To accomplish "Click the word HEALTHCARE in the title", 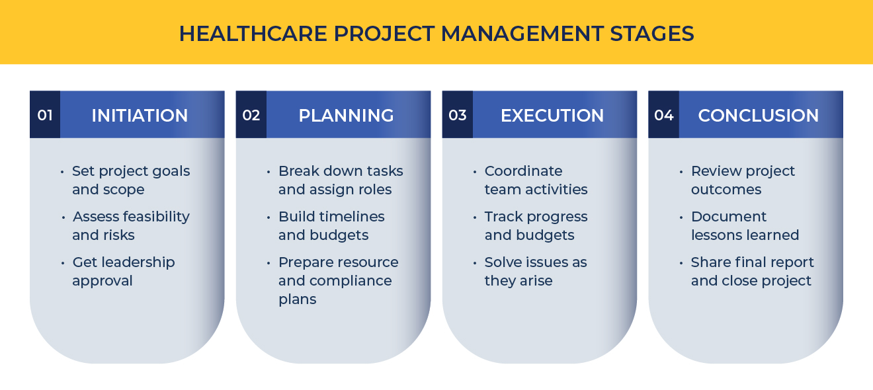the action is pyautogui.click(x=253, y=34).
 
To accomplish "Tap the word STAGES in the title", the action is pyautogui.click(x=651, y=34).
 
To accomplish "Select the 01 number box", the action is pyautogui.click(x=45, y=114).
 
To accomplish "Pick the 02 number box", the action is pyautogui.click(x=251, y=114).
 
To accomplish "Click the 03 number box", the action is pyautogui.click(x=458, y=114).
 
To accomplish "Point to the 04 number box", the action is pyautogui.click(x=664, y=114).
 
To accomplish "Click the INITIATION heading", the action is pyautogui.click(x=140, y=116).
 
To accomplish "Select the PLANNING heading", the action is pyautogui.click(x=346, y=116).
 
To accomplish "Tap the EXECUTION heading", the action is pyautogui.click(x=552, y=116).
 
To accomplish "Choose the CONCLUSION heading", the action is pyautogui.click(x=759, y=116).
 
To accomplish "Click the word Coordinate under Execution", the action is pyautogui.click(x=523, y=171).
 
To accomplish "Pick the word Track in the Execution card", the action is pyautogui.click(x=503, y=217).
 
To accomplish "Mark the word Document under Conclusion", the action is pyautogui.click(x=729, y=217).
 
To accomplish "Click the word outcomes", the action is pyautogui.click(x=726, y=190).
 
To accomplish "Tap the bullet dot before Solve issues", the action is pyautogui.click(x=475, y=263).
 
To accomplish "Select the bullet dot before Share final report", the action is pyautogui.click(x=681, y=263).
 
